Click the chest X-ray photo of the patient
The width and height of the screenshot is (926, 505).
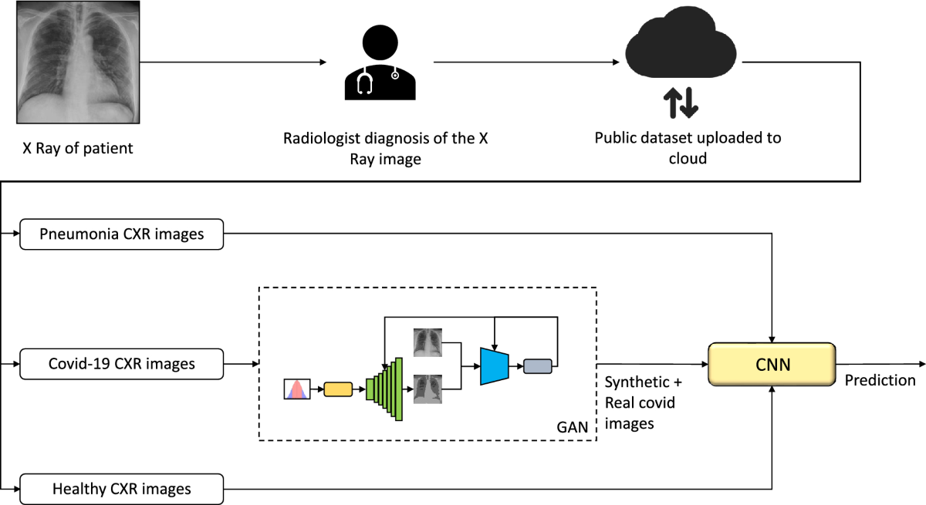pyautogui.click(x=77, y=63)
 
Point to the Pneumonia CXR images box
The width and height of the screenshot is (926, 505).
pyautogui.click(x=121, y=234)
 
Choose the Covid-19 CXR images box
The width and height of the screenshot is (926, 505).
pyautogui.click(x=121, y=363)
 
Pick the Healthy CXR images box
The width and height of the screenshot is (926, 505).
pyautogui.click(x=121, y=489)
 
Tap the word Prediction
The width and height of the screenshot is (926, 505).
pyautogui.click(x=880, y=380)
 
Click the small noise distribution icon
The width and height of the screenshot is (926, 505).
pyautogui.click(x=297, y=389)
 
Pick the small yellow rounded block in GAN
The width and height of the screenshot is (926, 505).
pyautogui.click(x=337, y=389)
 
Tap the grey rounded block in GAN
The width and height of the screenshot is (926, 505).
pyautogui.click(x=538, y=365)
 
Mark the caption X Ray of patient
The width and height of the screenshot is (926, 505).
pyautogui.click(x=77, y=148)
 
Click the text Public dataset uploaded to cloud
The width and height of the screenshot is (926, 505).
pyautogui.click(x=688, y=148)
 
